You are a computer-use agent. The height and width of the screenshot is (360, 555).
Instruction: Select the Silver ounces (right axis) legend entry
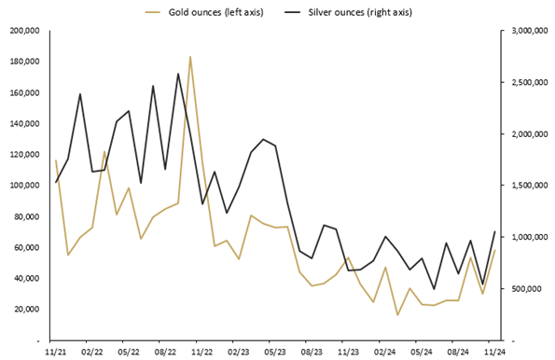coord(359,12)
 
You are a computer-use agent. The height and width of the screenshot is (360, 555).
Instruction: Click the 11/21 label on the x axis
coord(55,352)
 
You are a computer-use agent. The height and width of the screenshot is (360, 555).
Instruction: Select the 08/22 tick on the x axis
coord(165,352)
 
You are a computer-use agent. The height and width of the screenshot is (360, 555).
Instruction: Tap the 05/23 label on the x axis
coord(275,352)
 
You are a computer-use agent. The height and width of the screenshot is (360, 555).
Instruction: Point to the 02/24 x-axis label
coord(385,352)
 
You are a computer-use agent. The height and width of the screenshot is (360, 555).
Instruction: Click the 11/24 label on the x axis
coord(494,352)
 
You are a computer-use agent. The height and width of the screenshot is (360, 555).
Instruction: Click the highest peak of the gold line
coord(190,57)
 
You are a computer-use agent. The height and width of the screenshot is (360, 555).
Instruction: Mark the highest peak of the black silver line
coord(178,74)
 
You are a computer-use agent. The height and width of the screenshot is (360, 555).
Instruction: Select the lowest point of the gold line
coord(397,315)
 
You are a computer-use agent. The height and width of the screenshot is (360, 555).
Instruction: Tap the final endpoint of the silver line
coord(494,231)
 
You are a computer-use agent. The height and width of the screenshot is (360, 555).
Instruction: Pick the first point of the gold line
coord(56,160)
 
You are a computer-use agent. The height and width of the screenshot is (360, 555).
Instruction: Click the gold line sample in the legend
coord(156,12)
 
